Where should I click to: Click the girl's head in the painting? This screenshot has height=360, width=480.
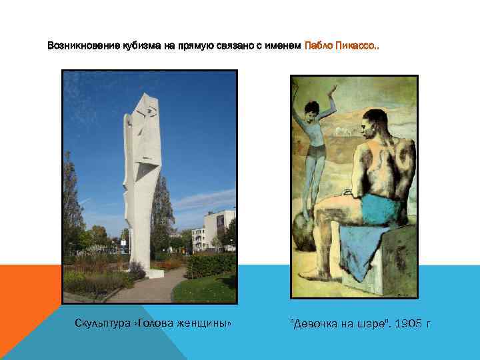311,107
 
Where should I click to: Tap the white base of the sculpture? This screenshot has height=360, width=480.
155,273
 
